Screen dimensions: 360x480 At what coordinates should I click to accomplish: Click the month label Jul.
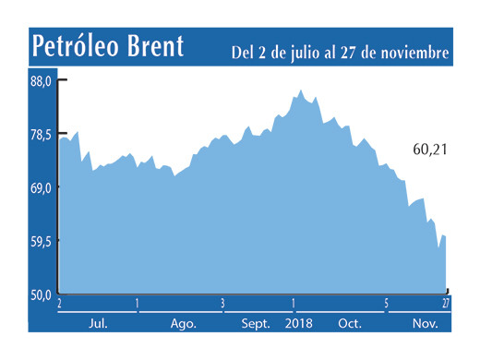tap(95, 324)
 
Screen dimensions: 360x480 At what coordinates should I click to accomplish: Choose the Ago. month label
tap(183, 324)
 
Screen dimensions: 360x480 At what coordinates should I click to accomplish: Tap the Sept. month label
tap(257, 324)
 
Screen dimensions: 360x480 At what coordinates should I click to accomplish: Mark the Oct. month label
tap(350, 324)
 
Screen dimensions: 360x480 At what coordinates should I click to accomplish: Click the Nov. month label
tap(424, 324)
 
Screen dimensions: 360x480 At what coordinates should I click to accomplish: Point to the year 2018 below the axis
tap(300, 324)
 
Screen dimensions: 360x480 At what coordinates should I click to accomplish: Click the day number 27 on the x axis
tap(446, 303)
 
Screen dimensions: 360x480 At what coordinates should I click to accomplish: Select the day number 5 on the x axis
tap(386, 303)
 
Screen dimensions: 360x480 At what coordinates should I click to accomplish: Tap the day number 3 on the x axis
tap(222, 303)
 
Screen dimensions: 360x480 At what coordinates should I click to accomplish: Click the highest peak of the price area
tap(301, 90)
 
